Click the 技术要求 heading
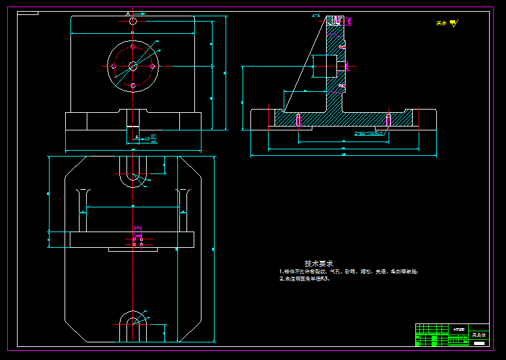coord(319,263)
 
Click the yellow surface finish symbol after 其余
coord(454,23)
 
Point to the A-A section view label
coord(316,15)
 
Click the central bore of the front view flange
coord(133,65)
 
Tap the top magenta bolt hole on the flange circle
coord(133,48)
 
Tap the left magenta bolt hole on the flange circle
coord(115,66)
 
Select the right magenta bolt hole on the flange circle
coord(152,66)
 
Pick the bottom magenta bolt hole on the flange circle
coord(133,85)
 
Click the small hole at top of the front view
coord(133,21)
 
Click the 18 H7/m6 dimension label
coord(151,138)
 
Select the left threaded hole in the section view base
coord(297,120)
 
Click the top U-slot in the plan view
coord(133,172)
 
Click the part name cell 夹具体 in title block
coord(479,335)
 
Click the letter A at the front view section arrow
coord(128,14)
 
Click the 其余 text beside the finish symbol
coord(441,23)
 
